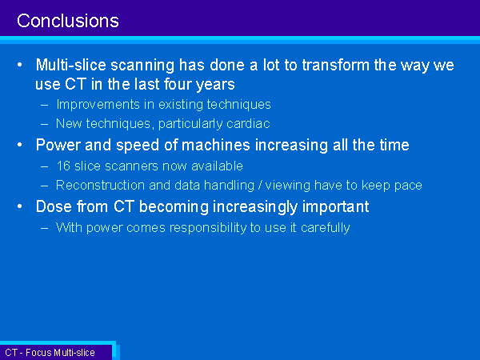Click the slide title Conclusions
68,21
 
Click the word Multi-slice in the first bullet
71,65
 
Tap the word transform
335,65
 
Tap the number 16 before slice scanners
63,166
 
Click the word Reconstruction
101,186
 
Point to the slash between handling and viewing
259,186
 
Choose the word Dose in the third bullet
54,206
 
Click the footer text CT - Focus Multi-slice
50,353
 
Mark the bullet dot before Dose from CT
20,206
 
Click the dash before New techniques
44,124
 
